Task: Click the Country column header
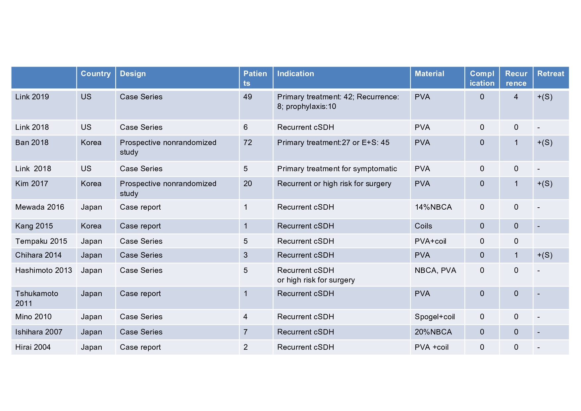[x=96, y=74]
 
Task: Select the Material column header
[x=429, y=74]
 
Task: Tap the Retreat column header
[x=551, y=74]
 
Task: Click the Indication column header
[x=295, y=74]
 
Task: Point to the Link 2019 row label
[x=32, y=97]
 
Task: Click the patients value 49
[x=247, y=97]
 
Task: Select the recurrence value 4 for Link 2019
[x=516, y=97]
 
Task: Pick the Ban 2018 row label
[x=32, y=143]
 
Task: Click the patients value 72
[x=247, y=143]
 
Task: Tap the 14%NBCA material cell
[x=433, y=207]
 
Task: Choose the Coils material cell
[x=423, y=226]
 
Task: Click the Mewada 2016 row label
[x=40, y=207]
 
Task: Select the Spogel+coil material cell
[x=435, y=317]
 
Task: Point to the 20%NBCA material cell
[x=433, y=332]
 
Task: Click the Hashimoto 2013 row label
[x=44, y=271]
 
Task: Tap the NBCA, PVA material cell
[x=435, y=271]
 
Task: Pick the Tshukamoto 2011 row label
[x=36, y=298]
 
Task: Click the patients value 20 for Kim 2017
[x=247, y=184]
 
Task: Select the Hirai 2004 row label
[x=33, y=347]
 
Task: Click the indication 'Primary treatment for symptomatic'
[x=337, y=169]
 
